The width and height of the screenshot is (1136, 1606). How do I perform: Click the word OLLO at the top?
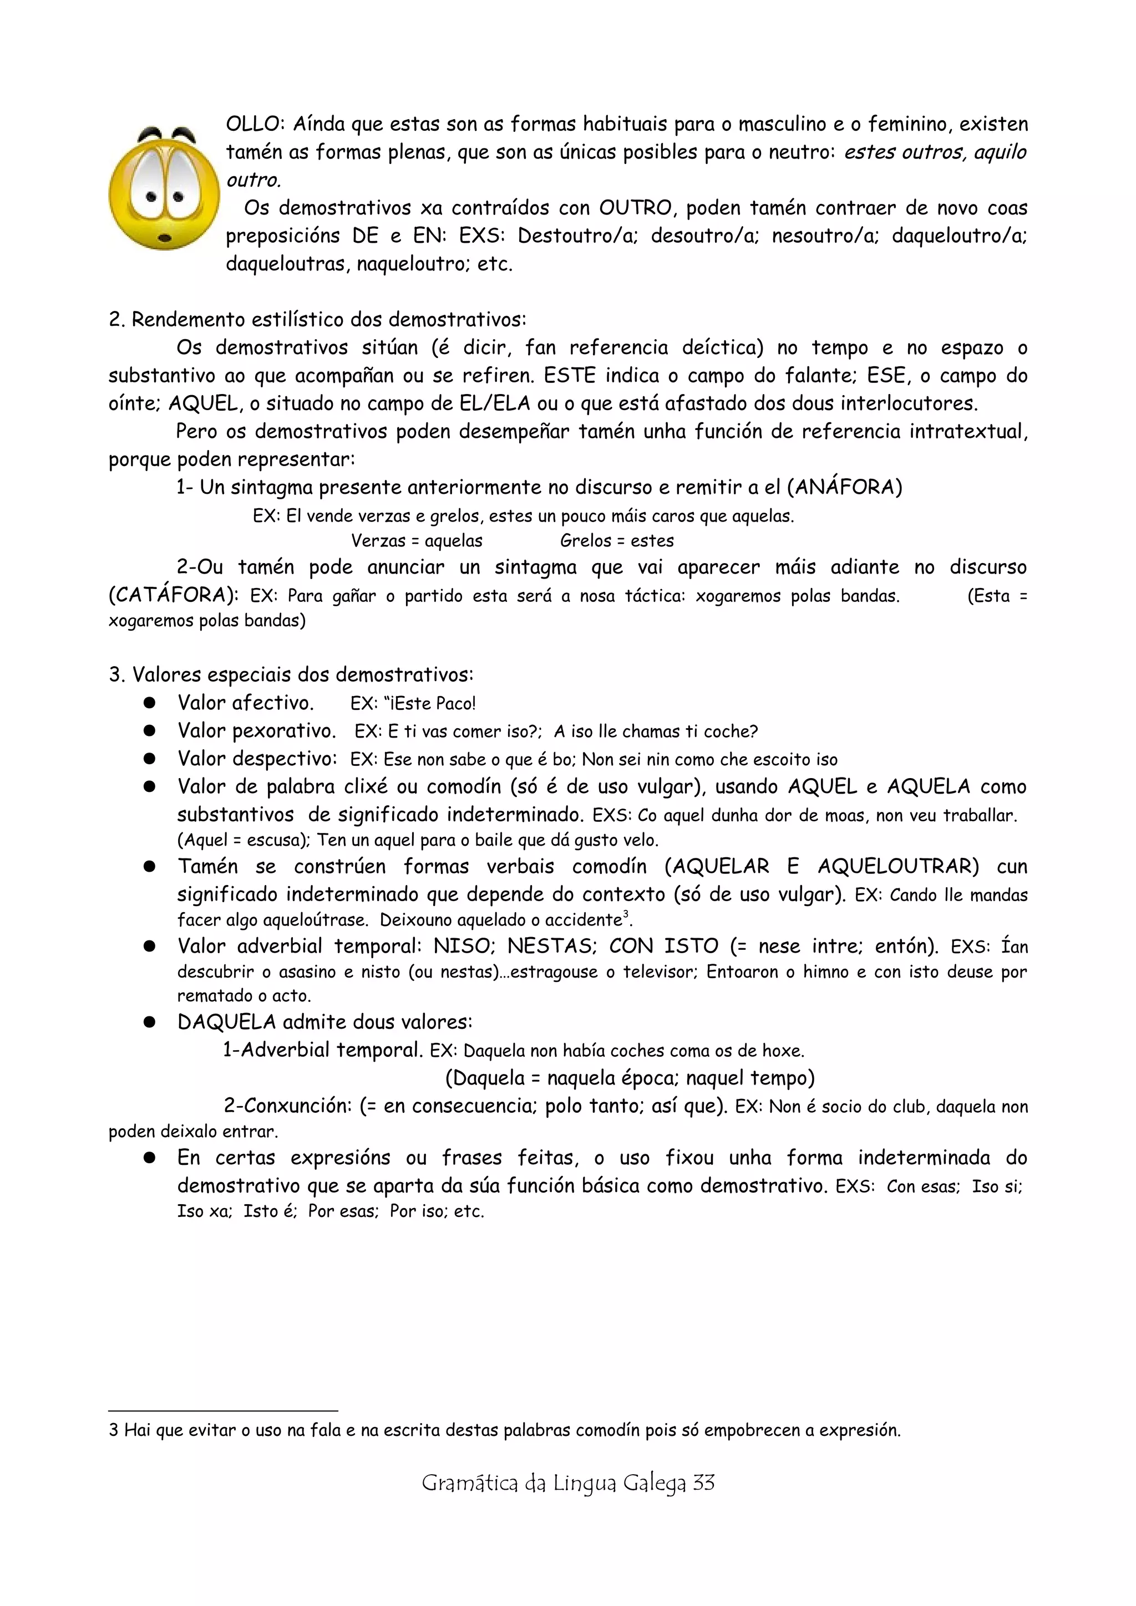pos(253,125)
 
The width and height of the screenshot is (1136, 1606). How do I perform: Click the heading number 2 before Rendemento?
pos(116,320)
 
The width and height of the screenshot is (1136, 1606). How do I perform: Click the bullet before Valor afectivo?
pos(149,703)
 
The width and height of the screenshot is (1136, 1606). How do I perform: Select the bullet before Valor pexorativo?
pos(149,731)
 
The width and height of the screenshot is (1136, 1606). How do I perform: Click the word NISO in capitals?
pos(463,947)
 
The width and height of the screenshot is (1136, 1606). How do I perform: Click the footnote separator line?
pos(224,1411)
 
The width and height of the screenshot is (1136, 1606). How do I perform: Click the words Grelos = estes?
pos(617,541)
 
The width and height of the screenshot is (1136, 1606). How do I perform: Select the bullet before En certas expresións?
pos(149,1158)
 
